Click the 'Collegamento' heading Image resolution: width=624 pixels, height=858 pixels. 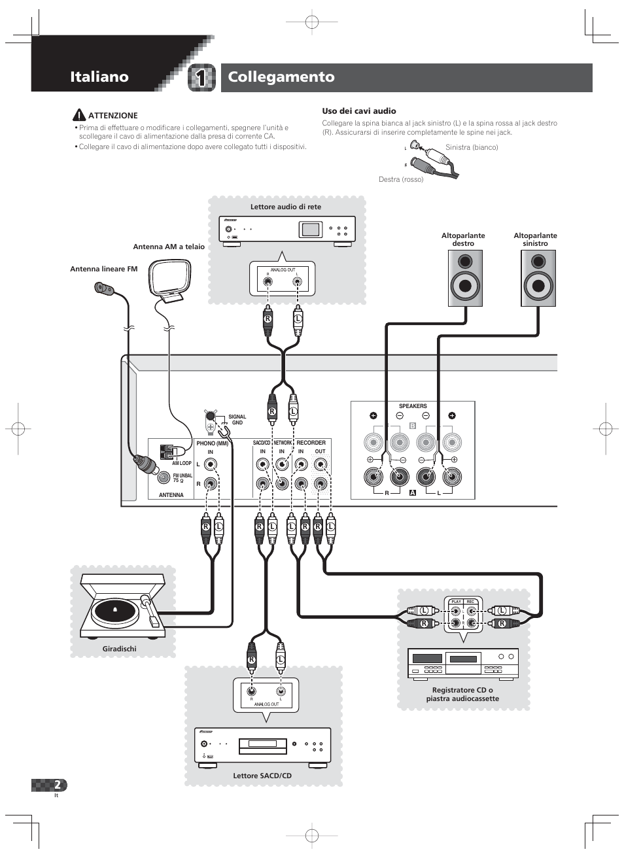[x=281, y=77]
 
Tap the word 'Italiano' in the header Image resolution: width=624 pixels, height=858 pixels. [x=99, y=77]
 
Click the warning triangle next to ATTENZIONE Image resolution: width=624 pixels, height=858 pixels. [x=79, y=115]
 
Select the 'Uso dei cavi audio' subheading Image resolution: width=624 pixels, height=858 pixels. [x=358, y=111]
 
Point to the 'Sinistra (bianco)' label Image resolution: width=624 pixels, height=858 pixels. [x=472, y=147]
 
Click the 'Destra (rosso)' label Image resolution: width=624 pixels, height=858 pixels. [x=401, y=179]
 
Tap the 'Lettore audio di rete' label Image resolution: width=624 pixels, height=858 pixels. [x=286, y=207]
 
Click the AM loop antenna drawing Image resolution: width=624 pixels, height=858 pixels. [x=171, y=280]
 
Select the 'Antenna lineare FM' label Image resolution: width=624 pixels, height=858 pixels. [x=103, y=269]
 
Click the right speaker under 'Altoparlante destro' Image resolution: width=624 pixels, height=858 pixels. [x=465, y=278]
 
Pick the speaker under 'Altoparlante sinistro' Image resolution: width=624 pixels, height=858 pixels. [x=538, y=278]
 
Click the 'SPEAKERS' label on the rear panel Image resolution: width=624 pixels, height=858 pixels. [x=413, y=406]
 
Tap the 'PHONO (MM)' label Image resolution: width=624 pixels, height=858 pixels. [x=212, y=443]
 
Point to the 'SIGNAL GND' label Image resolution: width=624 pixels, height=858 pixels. [x=237, y=419]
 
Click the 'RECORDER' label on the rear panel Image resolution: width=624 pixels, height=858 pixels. [x=311, y=443]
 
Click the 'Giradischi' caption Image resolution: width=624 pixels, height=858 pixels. [x=119, y=649]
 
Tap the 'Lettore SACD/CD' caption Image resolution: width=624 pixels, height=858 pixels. [x=262, y=776]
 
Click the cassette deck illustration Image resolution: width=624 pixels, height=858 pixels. [x=462, y=664]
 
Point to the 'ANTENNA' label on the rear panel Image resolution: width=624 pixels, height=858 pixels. [x=171, y=495]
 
